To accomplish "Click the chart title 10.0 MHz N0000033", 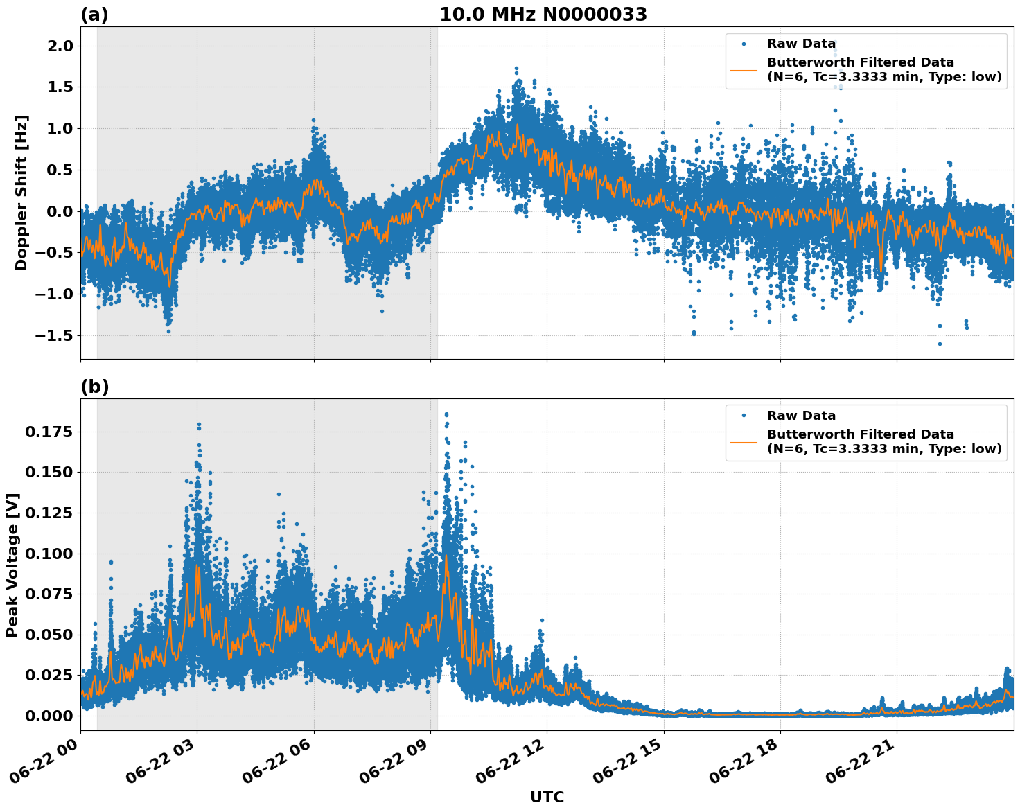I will coord(543,15).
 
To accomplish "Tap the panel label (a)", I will coord(94,15).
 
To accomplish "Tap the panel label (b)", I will coord(94,387).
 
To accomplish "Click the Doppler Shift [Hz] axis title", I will coord(21,193).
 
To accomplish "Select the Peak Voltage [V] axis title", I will coord(12,565).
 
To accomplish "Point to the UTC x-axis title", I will coord(547,797).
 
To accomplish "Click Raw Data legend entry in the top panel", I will coord(801,44).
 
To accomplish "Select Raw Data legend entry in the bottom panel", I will coord(801,416).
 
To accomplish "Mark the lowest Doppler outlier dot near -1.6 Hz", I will coord(940,344).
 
